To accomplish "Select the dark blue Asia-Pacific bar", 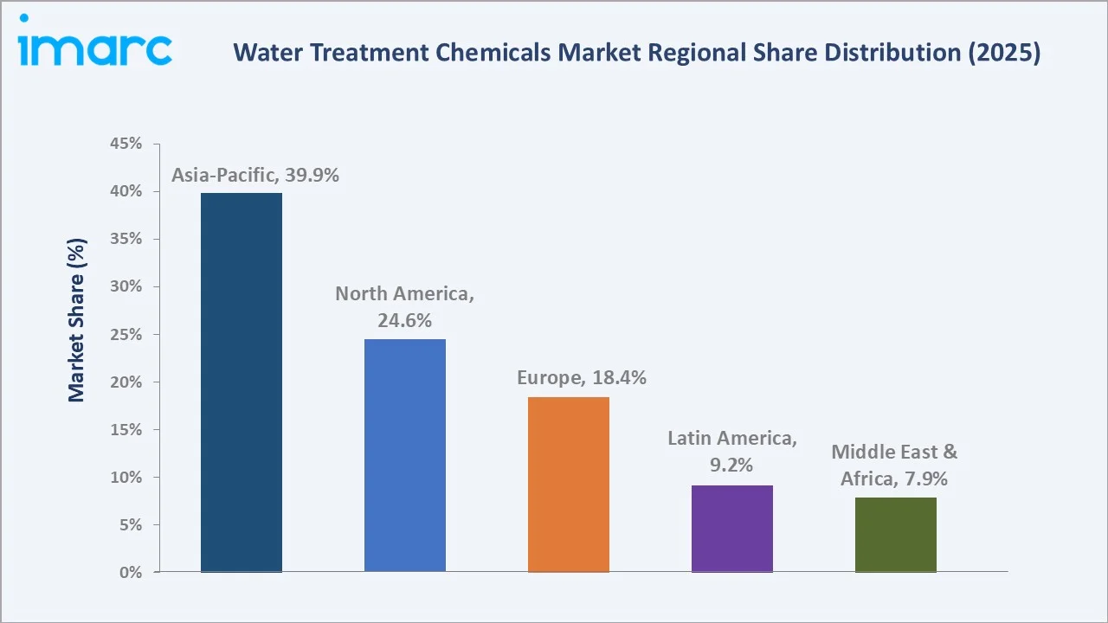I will (242, 382).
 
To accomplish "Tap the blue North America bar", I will (405, 455).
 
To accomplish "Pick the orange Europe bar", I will (569, 485).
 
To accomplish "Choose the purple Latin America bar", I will (732, 529).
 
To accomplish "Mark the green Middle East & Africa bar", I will (896, 535).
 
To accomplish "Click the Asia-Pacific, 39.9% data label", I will (255, 175).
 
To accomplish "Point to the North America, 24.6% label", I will (405, 306).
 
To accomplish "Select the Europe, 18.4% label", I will (582, 378).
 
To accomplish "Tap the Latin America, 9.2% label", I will (732, 451).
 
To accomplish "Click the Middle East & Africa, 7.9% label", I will (894, 465).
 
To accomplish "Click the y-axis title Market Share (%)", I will (76, 320).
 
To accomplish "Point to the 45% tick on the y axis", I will (126, 144).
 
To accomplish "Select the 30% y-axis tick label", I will (126, 286).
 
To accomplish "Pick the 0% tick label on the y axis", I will (130, 573).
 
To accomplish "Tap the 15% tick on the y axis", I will (126, 430).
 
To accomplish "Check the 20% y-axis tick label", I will (126, 382).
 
